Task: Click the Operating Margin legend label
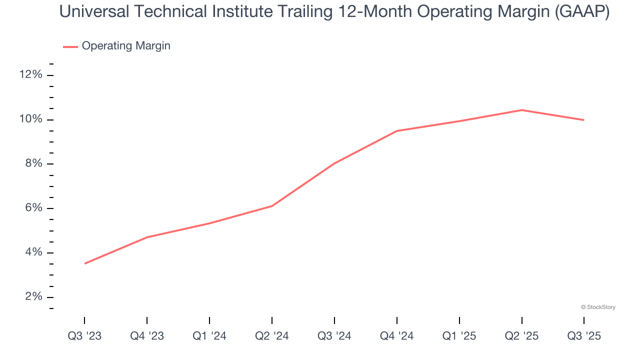126,46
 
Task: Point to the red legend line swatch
70,46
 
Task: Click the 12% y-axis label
30,75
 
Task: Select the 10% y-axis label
30,119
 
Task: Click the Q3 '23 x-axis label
84,336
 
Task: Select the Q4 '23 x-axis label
147,336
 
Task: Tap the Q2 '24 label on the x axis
272,336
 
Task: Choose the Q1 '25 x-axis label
459,336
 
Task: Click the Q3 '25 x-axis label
584,336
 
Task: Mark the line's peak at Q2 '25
521,110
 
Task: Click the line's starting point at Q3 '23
85,263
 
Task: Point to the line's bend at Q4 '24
396,131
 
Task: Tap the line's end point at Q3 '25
583,120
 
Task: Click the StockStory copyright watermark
598,307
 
